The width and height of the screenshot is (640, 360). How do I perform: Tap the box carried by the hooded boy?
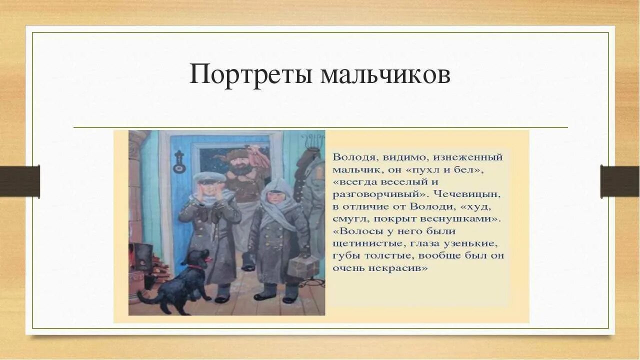[x=302, y=266]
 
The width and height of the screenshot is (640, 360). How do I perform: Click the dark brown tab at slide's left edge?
[x=20, y=181]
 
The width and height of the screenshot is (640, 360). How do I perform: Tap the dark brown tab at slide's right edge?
[x=619, y=181]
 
